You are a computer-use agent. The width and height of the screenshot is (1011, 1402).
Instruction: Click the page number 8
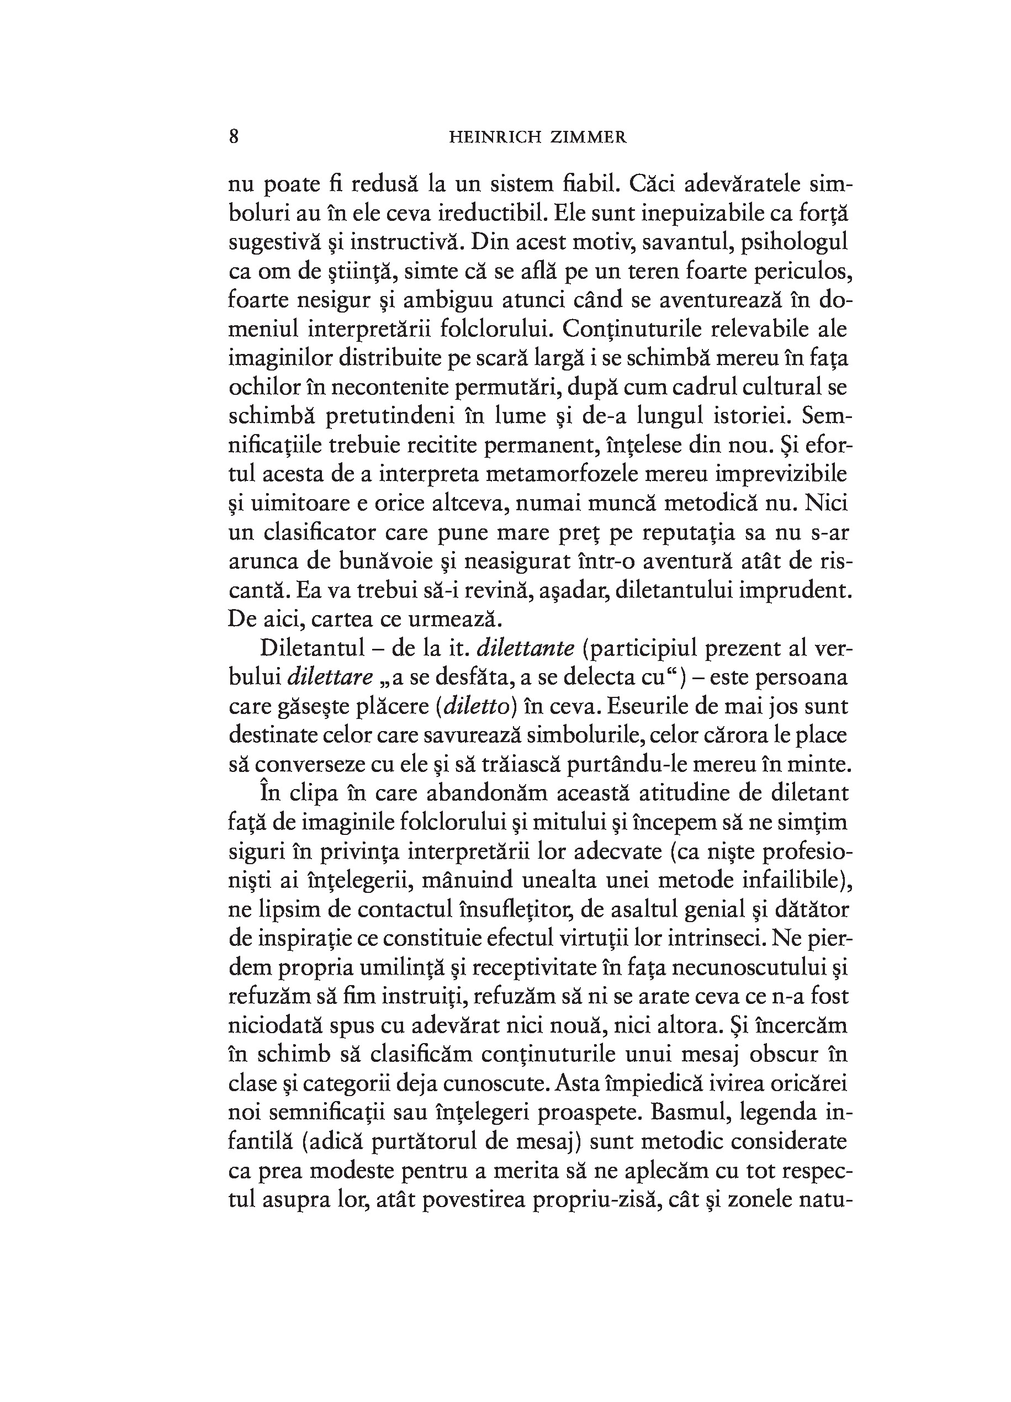pyautogui.click(x=234, y=136)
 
